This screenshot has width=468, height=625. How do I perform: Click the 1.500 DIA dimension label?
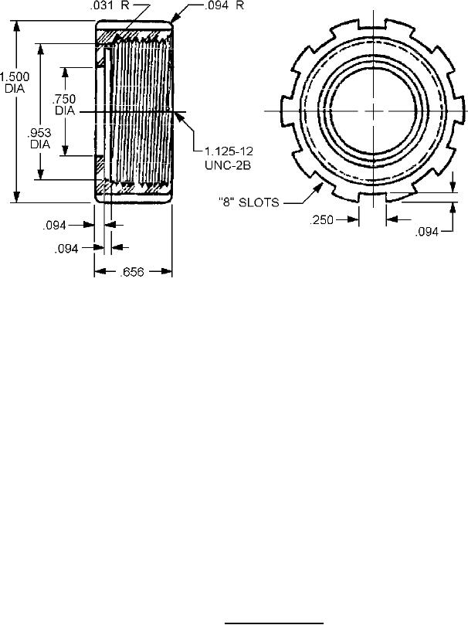15,82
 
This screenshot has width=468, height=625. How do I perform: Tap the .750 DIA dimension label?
65,104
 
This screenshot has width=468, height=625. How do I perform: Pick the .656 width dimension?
132,271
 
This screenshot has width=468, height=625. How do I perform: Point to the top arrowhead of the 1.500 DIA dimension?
16,24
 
